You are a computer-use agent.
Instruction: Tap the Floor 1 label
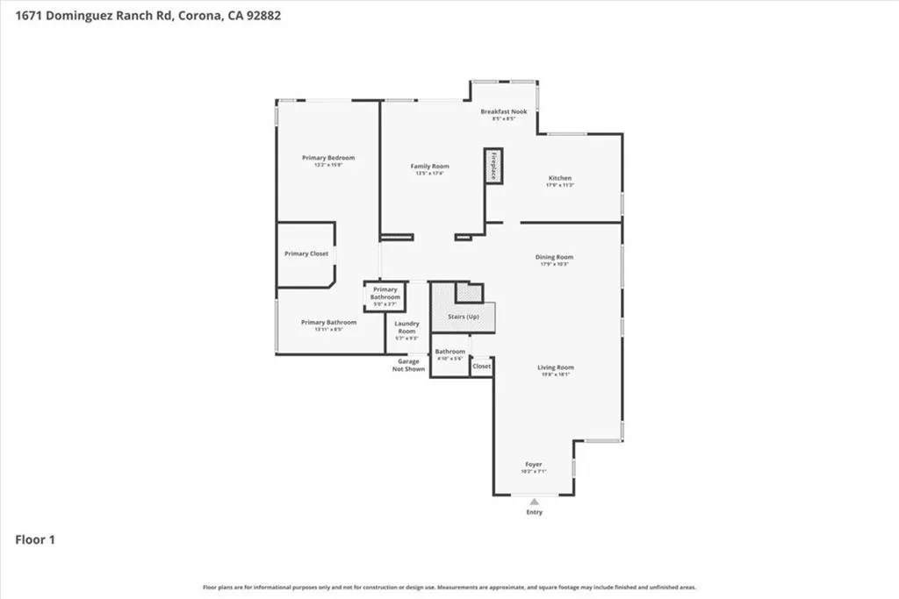pyautogui.click(x=35, y=540)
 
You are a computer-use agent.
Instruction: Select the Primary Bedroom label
pyautogui.click(x=328, y=158)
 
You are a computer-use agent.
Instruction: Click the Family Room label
pyautogui.click(x=430, y=167)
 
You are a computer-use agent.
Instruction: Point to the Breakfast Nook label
pyautogui.click(x=503, y=111)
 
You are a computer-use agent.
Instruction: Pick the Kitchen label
pyautogui.click(x=560, y=178)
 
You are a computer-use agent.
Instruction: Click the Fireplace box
pyautogui.click(x=493, y=166)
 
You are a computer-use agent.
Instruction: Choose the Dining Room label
pyautogui.click(x=554, y=257)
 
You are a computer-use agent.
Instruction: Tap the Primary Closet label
pyautogui.click(x=306, y=253)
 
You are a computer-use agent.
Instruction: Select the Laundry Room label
pyautogui.click(x=406, y=327)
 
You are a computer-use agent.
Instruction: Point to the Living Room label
pyautogui.click(x=555, y=367)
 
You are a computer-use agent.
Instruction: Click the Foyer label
pyautogui.click(x=534, y=464)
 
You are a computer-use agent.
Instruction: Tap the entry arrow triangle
pyautogui.click(x=534, y=501)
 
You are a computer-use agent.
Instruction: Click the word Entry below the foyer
pyautogui.click(x=534, y=512)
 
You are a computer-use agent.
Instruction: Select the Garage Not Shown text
pyautogui.click(x=409, y=365)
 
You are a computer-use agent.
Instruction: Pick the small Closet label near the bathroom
pyautogui.click(x=482, y=366)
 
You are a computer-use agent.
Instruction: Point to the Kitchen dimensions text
pyautogui.click(x=560, y=186)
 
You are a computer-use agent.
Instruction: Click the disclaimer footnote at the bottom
pyautogui.click(x=449, y=587)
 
